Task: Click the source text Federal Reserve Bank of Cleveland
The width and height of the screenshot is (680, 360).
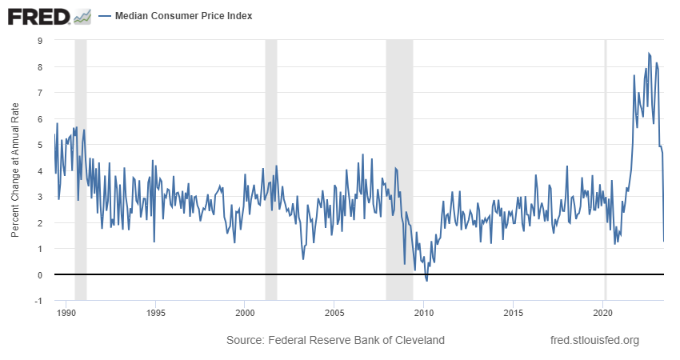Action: tap(335, 341)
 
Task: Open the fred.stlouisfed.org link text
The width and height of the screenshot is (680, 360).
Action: tap(595, 341)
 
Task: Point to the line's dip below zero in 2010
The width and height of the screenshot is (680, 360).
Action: tap(426, 280)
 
